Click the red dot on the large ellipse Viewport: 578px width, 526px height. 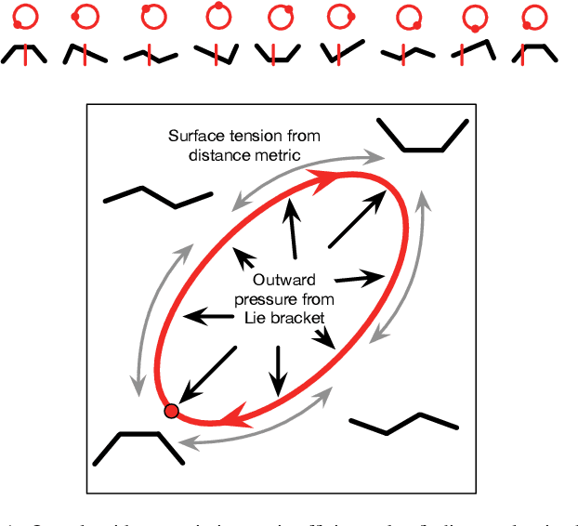click(171, 411)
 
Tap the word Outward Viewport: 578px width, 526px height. click(285, 281)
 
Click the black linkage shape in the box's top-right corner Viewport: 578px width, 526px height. click(422, 136)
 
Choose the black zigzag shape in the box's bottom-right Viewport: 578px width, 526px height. click(403, 425)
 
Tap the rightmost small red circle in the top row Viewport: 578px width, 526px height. click(534, 17)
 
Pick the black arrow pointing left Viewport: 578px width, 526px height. click(208, 317)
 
